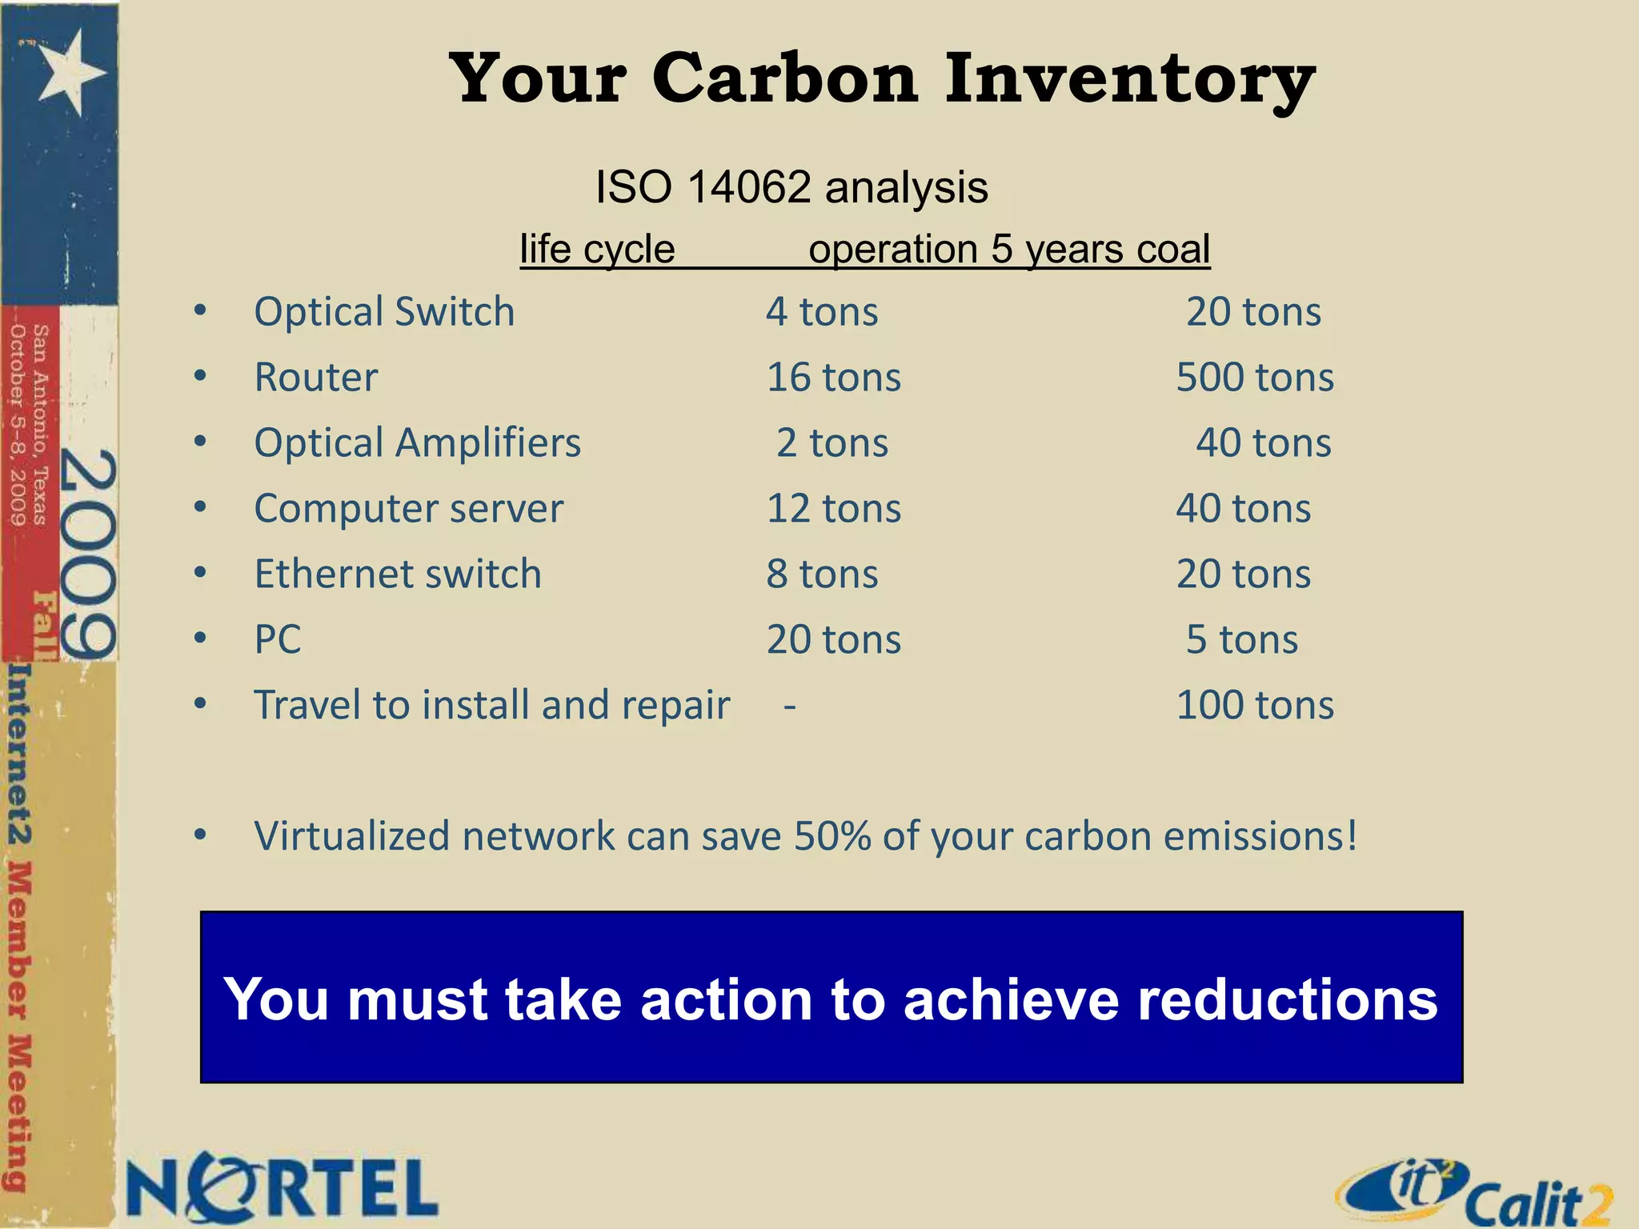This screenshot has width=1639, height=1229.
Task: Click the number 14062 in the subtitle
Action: coord(749,187)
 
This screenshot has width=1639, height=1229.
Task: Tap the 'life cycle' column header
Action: coord(597,249)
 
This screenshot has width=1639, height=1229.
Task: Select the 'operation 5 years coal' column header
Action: coord(1009,249)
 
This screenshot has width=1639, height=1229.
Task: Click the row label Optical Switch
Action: coord(384,311)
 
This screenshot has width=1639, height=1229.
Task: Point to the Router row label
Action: coord(316,377)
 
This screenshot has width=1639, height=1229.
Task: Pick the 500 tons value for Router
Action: coord(1255,377)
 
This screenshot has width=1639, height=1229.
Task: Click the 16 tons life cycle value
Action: coord(834,377)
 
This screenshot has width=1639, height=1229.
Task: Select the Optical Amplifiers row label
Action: coord(417,442)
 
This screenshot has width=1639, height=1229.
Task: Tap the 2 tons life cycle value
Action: coord(832,442)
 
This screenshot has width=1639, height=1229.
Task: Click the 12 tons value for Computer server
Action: coord(834,508)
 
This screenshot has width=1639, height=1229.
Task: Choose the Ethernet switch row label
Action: coord(398,574)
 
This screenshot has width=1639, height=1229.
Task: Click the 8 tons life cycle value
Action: coord(822,574)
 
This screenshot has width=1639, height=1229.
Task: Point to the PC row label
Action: coord(278,639)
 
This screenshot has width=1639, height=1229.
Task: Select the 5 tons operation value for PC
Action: coord(1242,639)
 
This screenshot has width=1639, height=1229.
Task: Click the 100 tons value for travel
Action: coord(1255,705)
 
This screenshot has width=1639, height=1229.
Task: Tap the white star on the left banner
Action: coord(70,70)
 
